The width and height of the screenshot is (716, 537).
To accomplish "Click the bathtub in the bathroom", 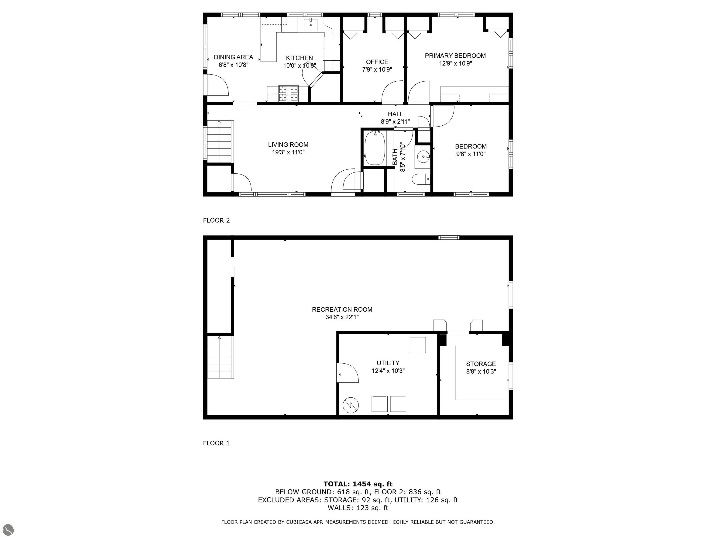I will coord(375,148).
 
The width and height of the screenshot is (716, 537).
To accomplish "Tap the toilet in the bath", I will coord(420,179).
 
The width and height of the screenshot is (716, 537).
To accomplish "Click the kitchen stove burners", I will coord(288,93).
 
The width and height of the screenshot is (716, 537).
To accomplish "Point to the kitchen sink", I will coord(311,24).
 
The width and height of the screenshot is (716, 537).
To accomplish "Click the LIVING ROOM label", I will coord(288,145).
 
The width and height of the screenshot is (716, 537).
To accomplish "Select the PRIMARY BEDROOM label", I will coord(455,56).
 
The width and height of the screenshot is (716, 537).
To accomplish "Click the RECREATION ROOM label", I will coord(342,310).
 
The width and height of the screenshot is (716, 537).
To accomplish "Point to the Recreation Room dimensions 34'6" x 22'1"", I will coord(342,317).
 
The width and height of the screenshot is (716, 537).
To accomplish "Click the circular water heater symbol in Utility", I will coord(351,405).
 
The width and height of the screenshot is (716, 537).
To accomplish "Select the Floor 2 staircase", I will coord(220,141).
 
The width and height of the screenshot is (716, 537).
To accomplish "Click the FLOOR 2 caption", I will coord(216,220).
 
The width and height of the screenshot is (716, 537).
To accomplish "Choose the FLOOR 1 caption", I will coord(216,443).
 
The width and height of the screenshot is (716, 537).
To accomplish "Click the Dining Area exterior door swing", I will coord(217,85).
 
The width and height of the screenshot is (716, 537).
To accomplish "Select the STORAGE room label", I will coord(481,364).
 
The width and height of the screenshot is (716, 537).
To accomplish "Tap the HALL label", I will coord(395,114).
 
